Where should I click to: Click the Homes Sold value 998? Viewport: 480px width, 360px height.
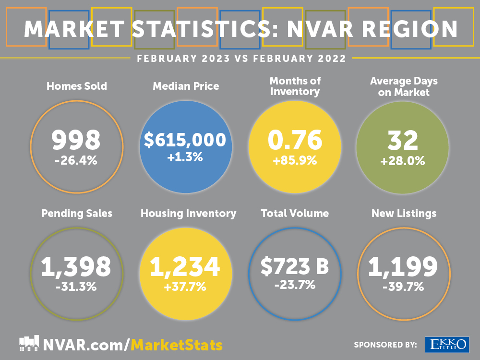tap(76, 141)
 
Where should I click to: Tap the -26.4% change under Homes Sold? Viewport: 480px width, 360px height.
tap(76, 160)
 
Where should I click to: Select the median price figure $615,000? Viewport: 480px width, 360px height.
tap(185, 140)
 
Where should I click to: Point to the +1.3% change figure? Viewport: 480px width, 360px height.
tap(185, 157)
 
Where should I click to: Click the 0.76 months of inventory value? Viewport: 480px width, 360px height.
tap(295, 140)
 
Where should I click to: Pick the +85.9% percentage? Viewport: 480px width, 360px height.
tap(295, 161)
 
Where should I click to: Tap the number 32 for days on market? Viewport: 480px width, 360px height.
tap(402, 141)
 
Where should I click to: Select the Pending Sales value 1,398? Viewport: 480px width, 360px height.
tap(76, 267)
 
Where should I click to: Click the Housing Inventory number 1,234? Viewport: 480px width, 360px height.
tap(185, 267)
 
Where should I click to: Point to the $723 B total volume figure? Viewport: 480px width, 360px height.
tap(295, 266)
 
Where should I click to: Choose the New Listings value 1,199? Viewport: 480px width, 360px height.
tap(403, 267)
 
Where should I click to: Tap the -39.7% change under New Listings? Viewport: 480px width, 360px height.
tap(403, 287)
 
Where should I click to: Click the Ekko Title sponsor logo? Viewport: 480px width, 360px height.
tap(447, 344)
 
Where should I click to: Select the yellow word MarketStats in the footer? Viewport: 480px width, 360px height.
tap(177, 345)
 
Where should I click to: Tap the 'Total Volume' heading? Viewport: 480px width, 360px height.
tap(295, 213)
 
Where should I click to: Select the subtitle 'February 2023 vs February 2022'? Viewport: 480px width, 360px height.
tap(241, 59)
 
